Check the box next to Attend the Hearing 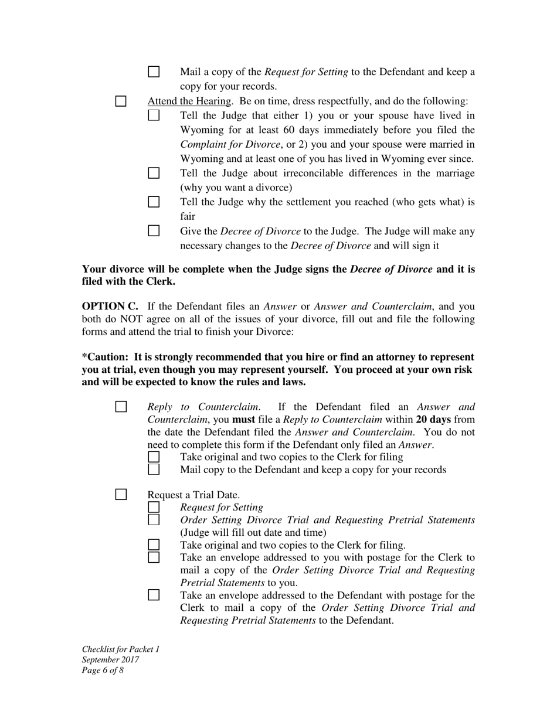121,101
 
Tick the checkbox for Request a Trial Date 121,495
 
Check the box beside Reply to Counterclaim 121,407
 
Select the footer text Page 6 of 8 103,670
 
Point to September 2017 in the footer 110,659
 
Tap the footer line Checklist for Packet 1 120,649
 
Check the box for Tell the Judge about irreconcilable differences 154,173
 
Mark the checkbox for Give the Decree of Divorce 154,231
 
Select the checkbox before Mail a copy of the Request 154,72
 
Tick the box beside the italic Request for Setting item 154,507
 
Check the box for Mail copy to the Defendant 154,470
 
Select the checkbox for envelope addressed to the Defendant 154,595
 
